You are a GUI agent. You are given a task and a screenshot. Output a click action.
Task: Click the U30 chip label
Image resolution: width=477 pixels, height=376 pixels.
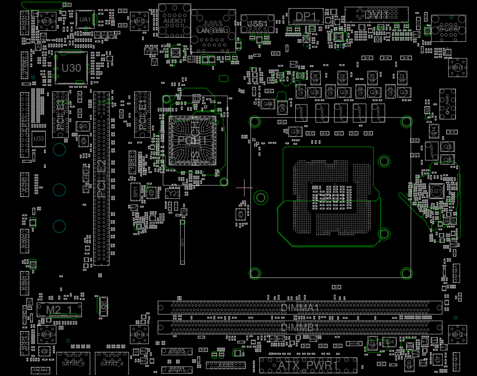[x=71, y=68]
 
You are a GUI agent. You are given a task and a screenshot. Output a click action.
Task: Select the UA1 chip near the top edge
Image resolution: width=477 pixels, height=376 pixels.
[x=85, y=19]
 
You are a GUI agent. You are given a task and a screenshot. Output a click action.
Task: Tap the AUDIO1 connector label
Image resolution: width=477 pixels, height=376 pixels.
[x=174, y=20]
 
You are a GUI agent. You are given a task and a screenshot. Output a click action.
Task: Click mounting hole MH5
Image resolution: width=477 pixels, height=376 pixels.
[x=47, y=21]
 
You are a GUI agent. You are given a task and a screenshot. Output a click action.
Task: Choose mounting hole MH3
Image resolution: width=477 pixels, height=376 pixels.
[x=139, y=21]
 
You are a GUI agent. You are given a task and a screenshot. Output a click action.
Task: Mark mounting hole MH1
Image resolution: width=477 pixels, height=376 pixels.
[x=457, y=67]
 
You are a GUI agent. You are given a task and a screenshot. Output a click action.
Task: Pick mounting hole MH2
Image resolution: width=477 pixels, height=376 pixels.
[x=457, y=335]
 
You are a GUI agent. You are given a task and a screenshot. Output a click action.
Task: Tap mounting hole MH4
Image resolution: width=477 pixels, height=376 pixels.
[x=139, y=335]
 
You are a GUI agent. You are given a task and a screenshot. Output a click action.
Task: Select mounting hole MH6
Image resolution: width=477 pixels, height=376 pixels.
[x=47, y=335]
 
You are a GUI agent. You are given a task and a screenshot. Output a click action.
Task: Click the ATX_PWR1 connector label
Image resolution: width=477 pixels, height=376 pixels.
[x=308, y=365]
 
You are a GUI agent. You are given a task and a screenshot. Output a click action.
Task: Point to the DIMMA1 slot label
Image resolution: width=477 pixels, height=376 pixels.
[x=300, y=308]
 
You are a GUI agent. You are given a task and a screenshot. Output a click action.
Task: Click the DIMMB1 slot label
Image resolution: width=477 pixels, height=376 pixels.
[x=300, y=327]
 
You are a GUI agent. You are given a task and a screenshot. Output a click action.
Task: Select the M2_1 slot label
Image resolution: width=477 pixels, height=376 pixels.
[x=59, y=310]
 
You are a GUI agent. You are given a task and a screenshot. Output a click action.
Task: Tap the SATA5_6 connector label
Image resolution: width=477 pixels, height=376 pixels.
[x=73, y=363]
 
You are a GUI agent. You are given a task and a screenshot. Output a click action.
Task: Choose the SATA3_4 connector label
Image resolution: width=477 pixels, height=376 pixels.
[x=112, y=363]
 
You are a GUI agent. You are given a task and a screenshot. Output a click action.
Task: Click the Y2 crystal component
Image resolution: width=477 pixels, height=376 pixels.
[x=173, y=194]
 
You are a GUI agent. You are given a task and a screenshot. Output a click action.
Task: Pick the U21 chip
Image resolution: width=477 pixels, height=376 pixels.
[x=436, y=191]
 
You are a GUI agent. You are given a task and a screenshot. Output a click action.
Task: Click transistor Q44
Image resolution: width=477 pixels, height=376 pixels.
[x=268, y=104]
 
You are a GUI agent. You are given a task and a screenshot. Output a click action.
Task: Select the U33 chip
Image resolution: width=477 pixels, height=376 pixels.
[x=38, y=139]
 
